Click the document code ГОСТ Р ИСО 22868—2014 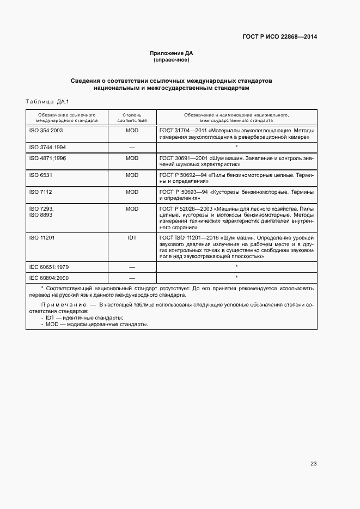tap(279, 37)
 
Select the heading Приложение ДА tap(172, 53)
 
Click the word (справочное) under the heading tap(172, 59)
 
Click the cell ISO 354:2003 tap(46, 131)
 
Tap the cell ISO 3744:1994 tap(47, 148)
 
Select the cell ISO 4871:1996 tap(47, 158)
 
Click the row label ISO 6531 tap(40, 175)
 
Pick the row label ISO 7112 tap(40, 192)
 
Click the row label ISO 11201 tap(42, 238)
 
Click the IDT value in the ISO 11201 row tap(132, 238)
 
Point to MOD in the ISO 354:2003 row tap(132, 131)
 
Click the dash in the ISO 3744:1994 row tap(132, 148)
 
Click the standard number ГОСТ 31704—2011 tap(184, 131)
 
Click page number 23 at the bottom tap(313, 464)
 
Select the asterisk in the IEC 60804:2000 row tap(236, 278)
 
